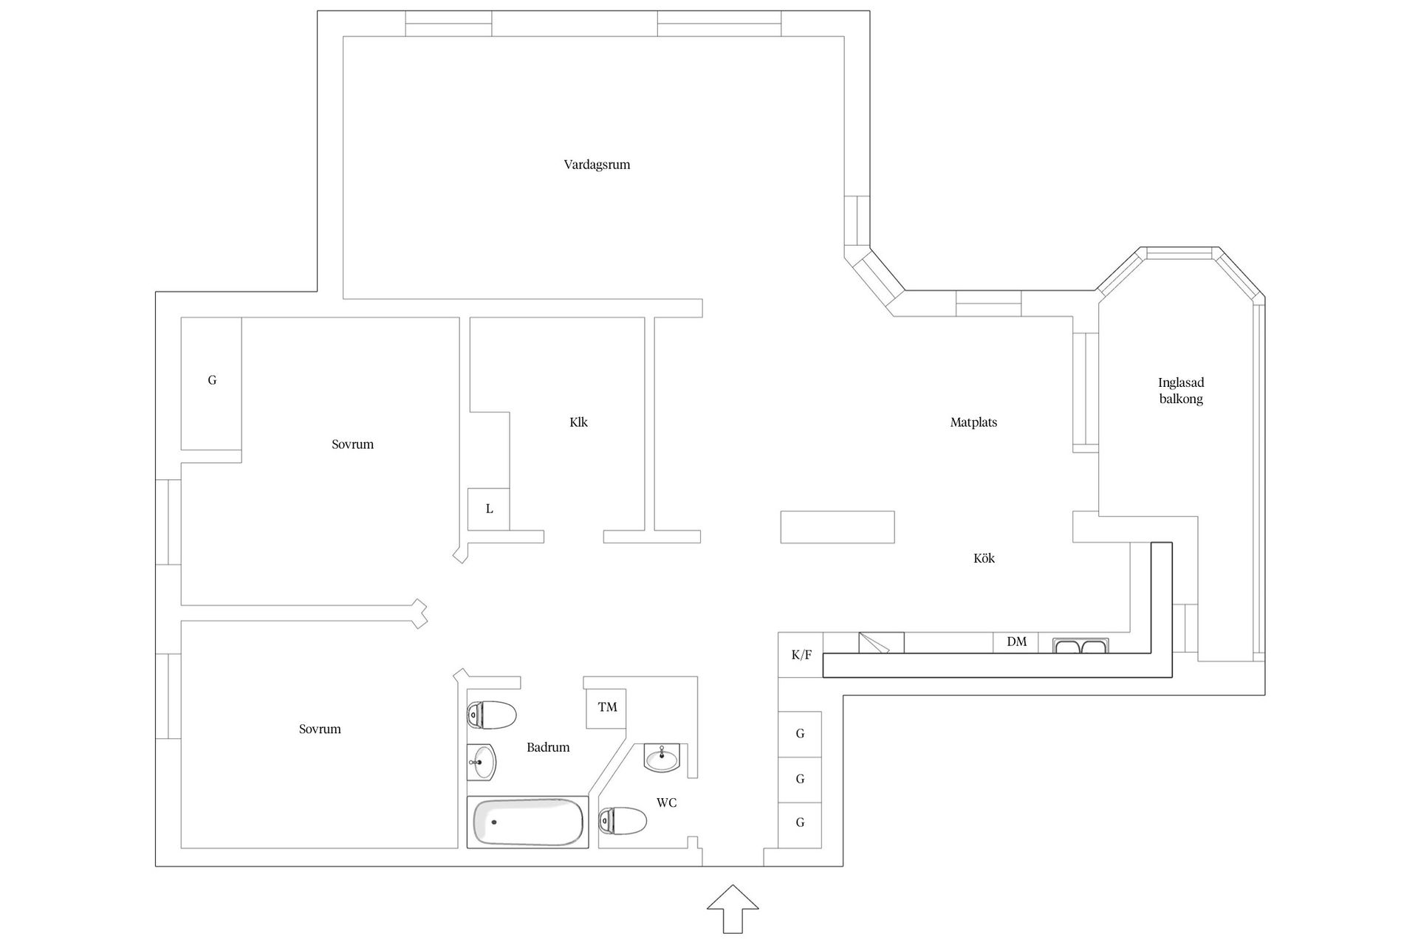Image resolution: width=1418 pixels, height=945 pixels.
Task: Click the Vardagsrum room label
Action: click(x=597, y=165)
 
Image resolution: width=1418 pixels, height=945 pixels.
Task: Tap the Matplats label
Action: click(x=973, y=422)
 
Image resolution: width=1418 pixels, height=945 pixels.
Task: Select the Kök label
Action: click(x=984, y=558)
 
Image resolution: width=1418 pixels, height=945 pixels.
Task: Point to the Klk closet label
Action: click(x=578, y=422)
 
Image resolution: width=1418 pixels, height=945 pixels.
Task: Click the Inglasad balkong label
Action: click(x=1181, y=391)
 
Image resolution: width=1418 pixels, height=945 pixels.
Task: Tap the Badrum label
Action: click(x=548, y=747)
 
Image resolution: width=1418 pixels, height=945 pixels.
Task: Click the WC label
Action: click(x=666, y=803)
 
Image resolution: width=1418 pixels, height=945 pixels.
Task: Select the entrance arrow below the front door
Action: click(x=733, y=909)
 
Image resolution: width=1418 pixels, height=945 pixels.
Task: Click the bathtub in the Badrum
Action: click(x=528, y=822)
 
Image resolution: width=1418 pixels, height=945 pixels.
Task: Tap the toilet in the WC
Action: click(x=623, y=820)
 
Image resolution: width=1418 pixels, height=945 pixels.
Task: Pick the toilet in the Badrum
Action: click(x=491, y=715)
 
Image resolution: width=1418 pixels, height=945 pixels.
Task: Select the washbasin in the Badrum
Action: click(x=482, y=762)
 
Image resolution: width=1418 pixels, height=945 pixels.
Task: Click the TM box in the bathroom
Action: click(x=606, y=708)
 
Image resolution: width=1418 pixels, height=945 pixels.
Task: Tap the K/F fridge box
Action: click(x=801, y=655)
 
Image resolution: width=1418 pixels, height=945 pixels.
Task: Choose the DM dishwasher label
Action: click(x=1017, y=642)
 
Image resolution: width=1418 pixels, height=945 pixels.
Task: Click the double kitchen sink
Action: click(x=1080, y=647)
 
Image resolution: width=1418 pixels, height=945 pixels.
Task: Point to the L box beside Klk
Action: click(x=489, y=509)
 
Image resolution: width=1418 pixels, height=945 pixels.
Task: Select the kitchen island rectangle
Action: click(x=838, y=527)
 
